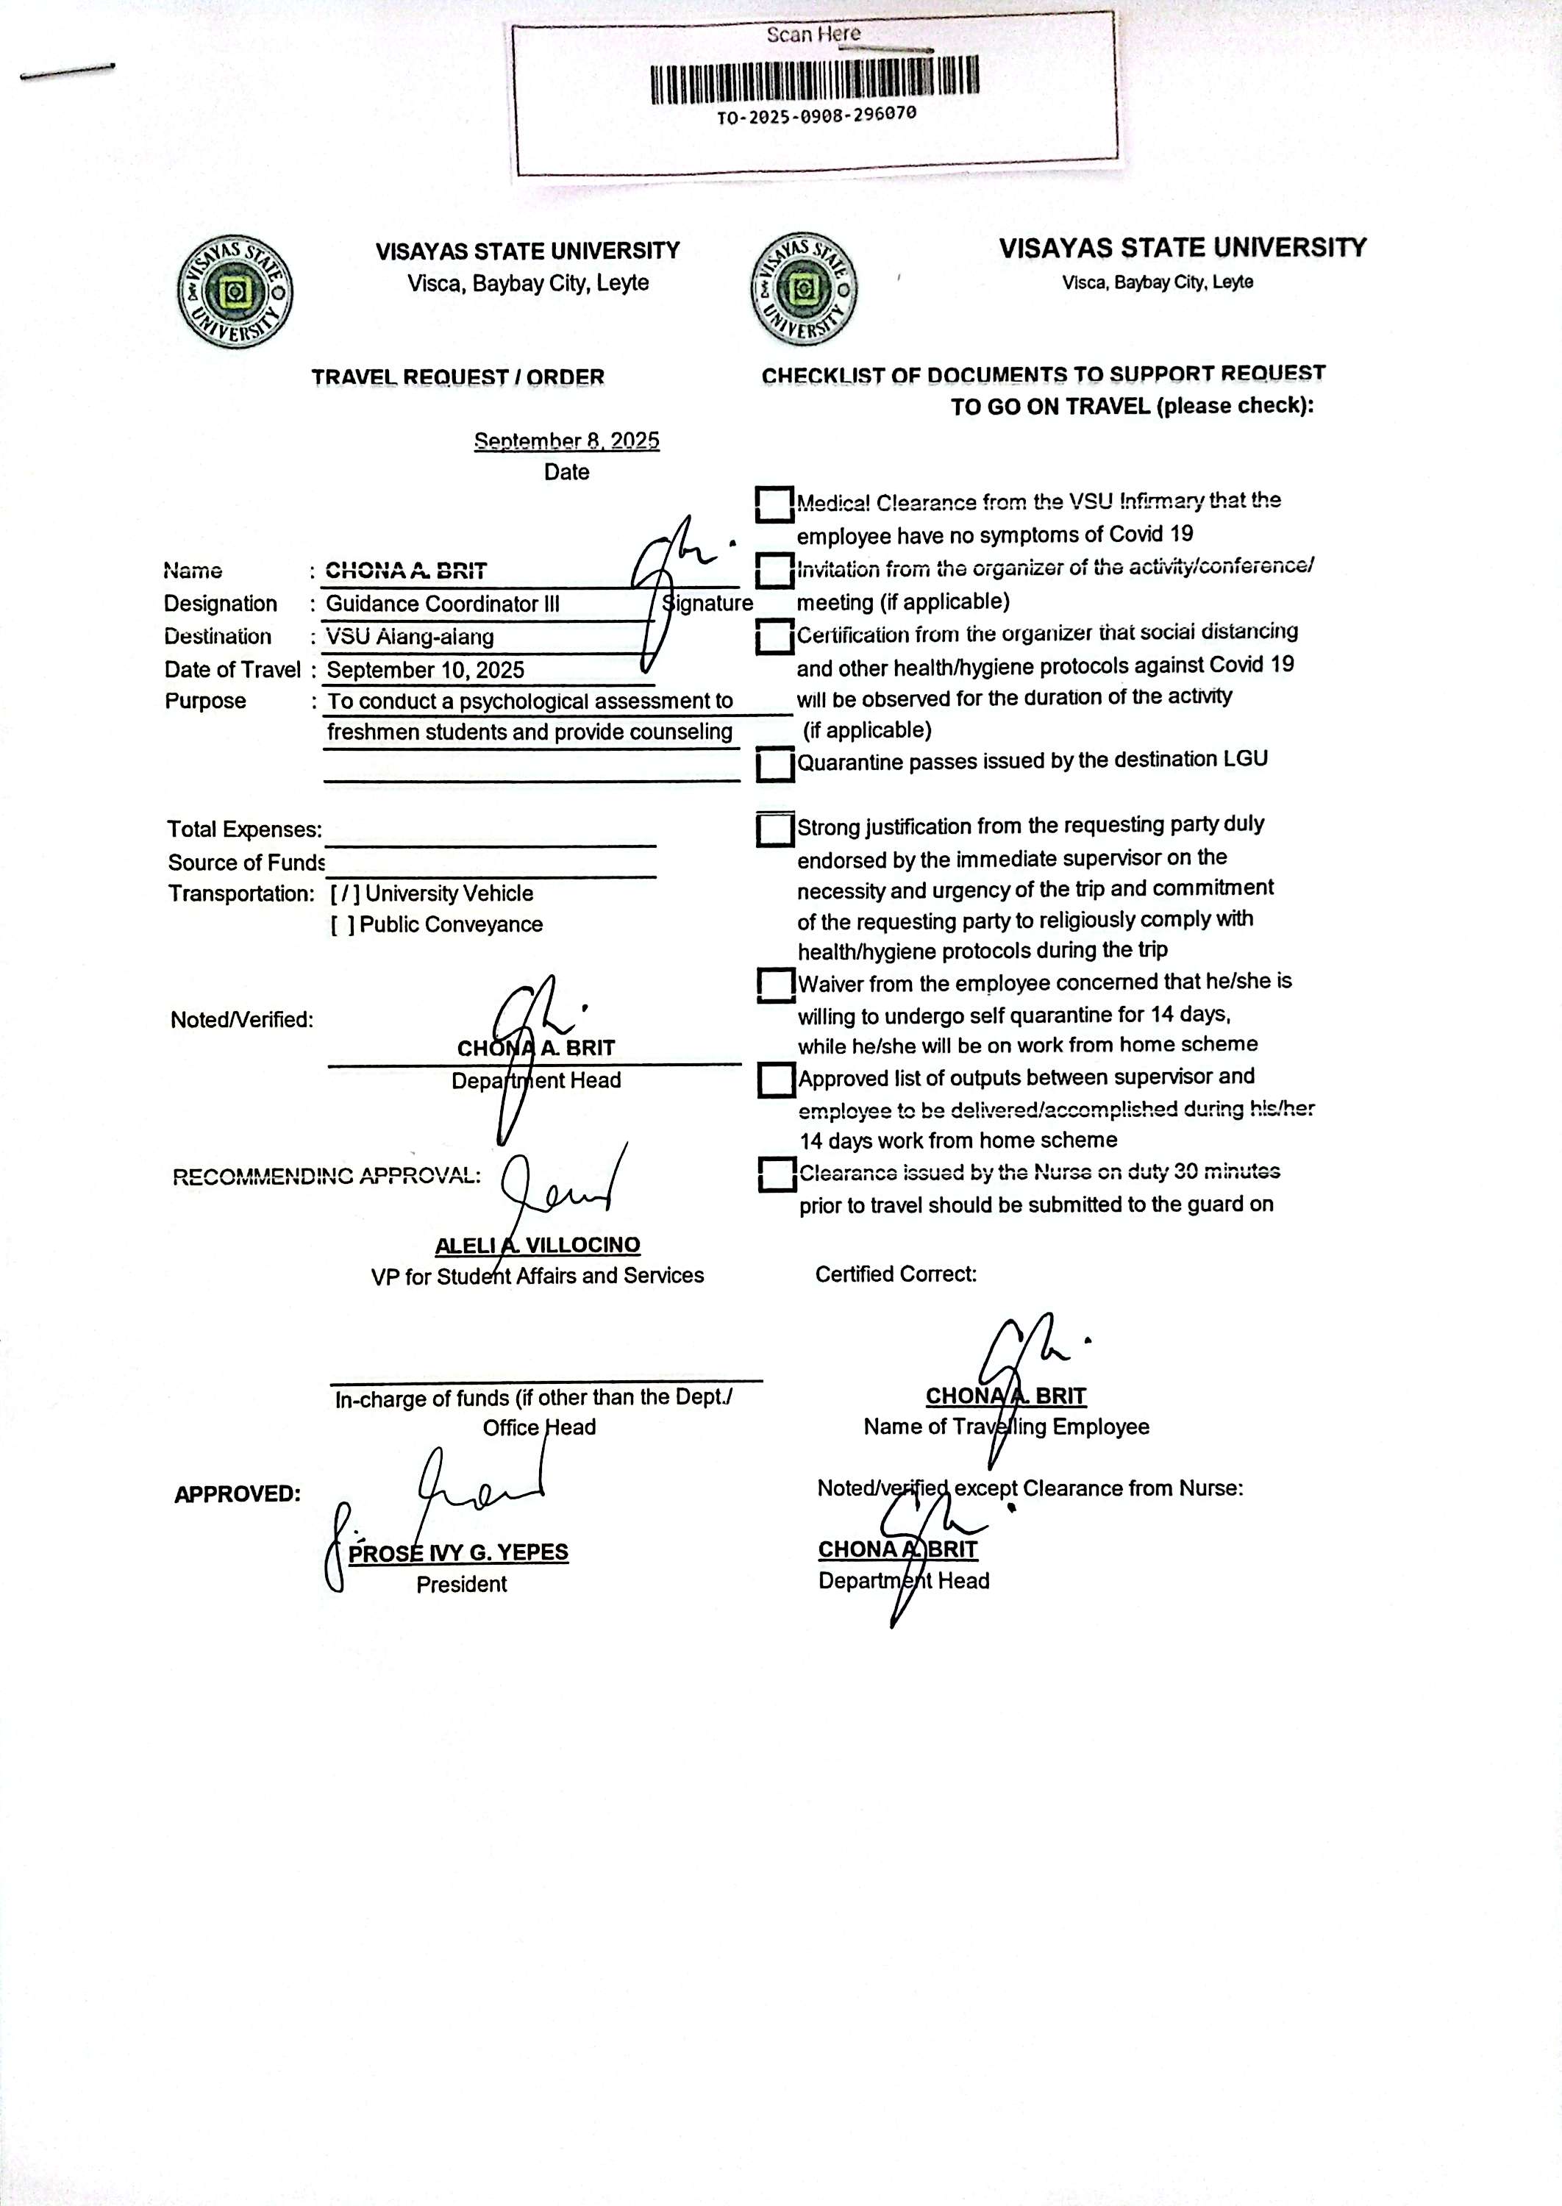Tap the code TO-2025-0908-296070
tap(816, 116)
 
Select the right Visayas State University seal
tap(804, 288)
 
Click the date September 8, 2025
tap(566, 441)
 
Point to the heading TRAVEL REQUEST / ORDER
tap(458, 377)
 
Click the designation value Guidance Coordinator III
tap(443, 604)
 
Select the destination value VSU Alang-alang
tap(410, 637)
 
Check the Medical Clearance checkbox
tap(774, 504)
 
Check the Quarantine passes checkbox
tap(774, 765)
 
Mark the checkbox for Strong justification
tap(774, 829)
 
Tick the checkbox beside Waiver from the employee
tap(775, 985)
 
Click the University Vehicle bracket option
tap(346, 894)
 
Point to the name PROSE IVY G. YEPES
tap(458, 1553)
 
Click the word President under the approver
tap(462, 1585)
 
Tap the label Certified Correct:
tap(896, 1274)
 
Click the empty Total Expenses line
tap(491, 833)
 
